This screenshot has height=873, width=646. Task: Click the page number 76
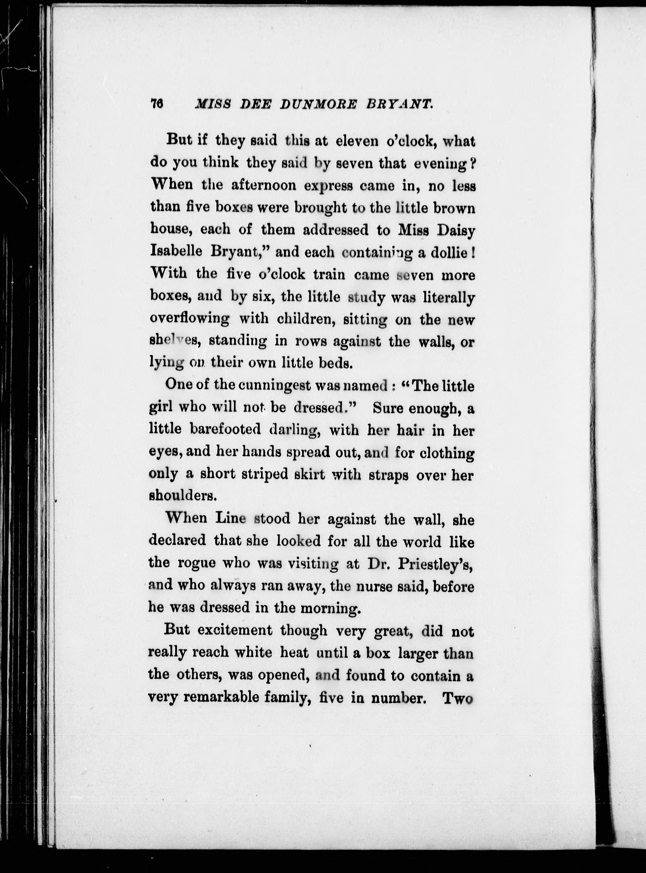click(156, 104)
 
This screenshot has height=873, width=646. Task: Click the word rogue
click(196, 564)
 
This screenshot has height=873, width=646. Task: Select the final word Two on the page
click(457, 698)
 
